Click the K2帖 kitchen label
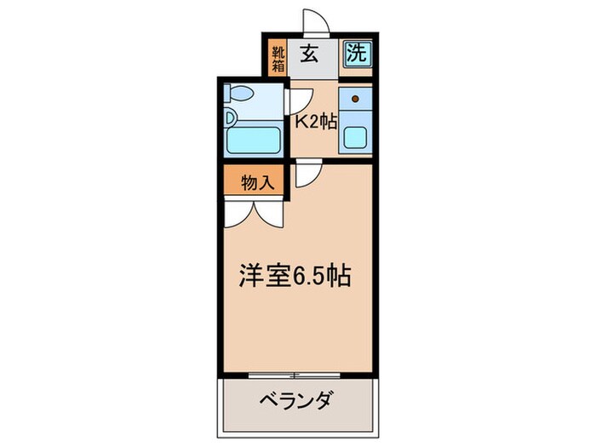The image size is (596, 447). (x=316, y=122)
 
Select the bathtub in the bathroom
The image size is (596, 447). (x=256, y=139)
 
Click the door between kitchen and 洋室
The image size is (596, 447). (x=307, y=175)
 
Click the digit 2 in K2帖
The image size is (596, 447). (x=314, y=122)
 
